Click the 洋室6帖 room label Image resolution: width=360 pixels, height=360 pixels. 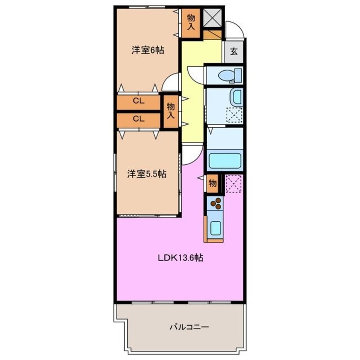point(147,50)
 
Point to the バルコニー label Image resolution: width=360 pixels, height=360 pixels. point(189,327)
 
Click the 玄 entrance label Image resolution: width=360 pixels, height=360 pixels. point(234,52)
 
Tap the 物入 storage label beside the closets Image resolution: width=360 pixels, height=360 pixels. point(171,110)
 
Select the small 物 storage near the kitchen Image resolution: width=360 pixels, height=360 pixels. point(212,183)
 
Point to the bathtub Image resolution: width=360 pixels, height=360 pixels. point(225,161)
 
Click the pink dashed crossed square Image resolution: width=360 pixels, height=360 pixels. point(234,183)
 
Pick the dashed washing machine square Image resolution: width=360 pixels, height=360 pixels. point(234,115)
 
